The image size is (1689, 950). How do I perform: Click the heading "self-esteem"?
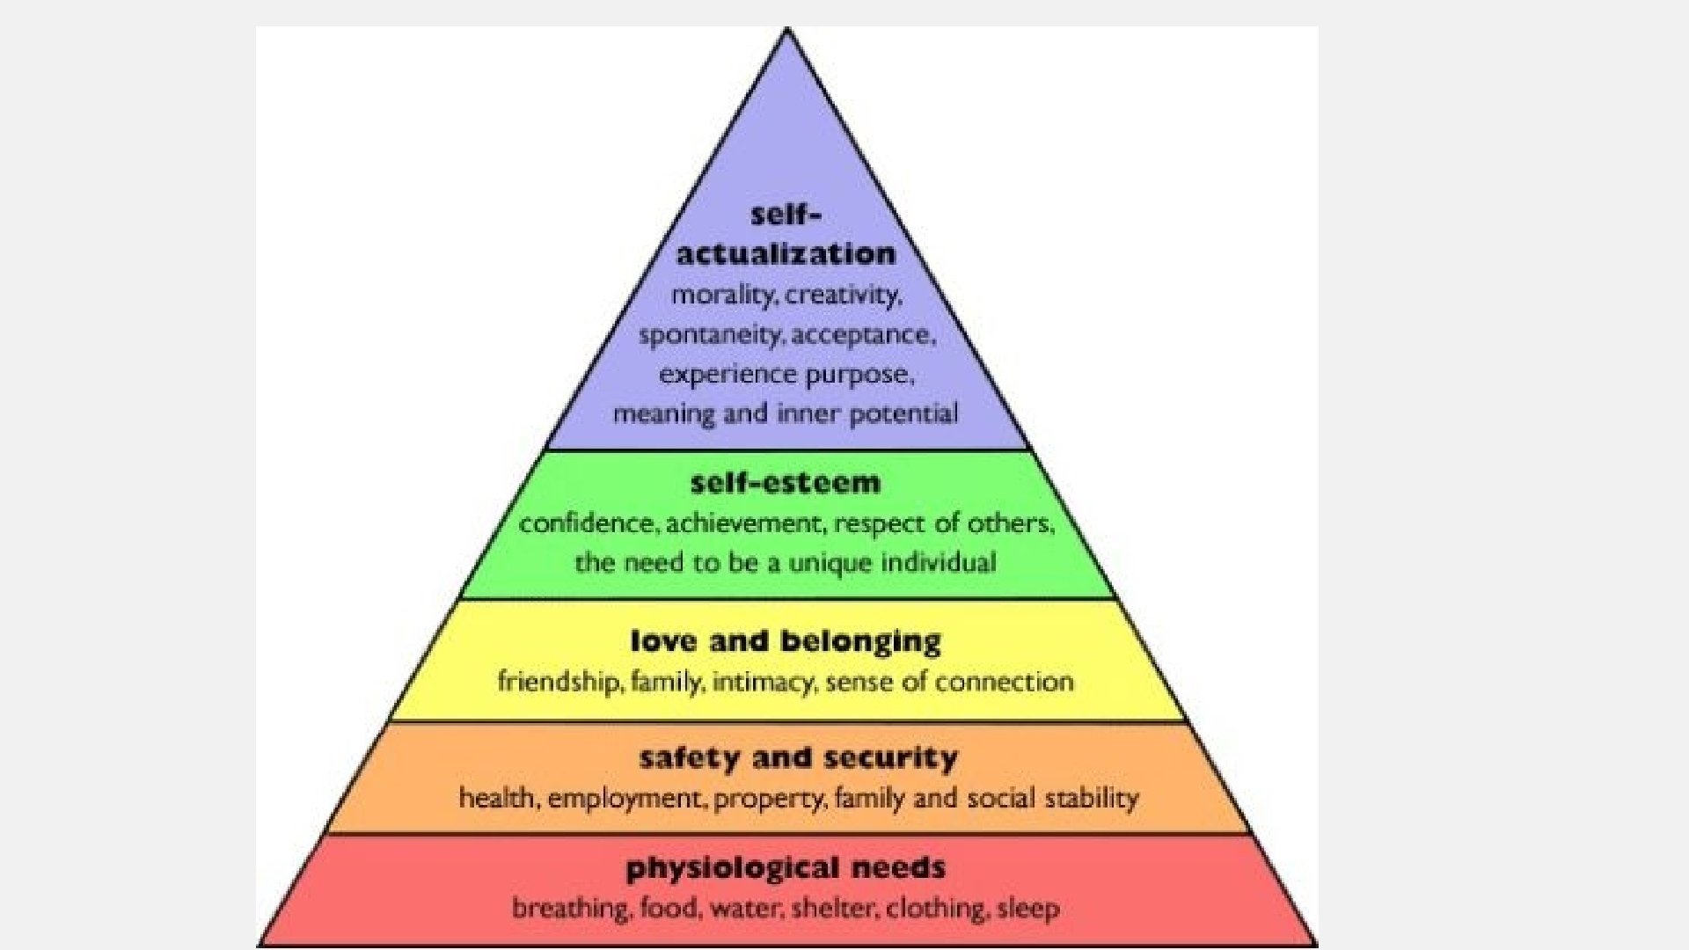pos(786,483)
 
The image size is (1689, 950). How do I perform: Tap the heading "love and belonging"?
pos(786,641)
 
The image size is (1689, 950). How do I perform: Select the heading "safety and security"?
pos(798,757)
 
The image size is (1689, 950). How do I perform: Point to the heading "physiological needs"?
pos(786,868)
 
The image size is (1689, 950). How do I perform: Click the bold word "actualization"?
pos(786,254)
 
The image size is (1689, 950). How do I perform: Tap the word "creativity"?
pos(843,296)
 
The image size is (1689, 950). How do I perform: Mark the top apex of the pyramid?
pos(787,29)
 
